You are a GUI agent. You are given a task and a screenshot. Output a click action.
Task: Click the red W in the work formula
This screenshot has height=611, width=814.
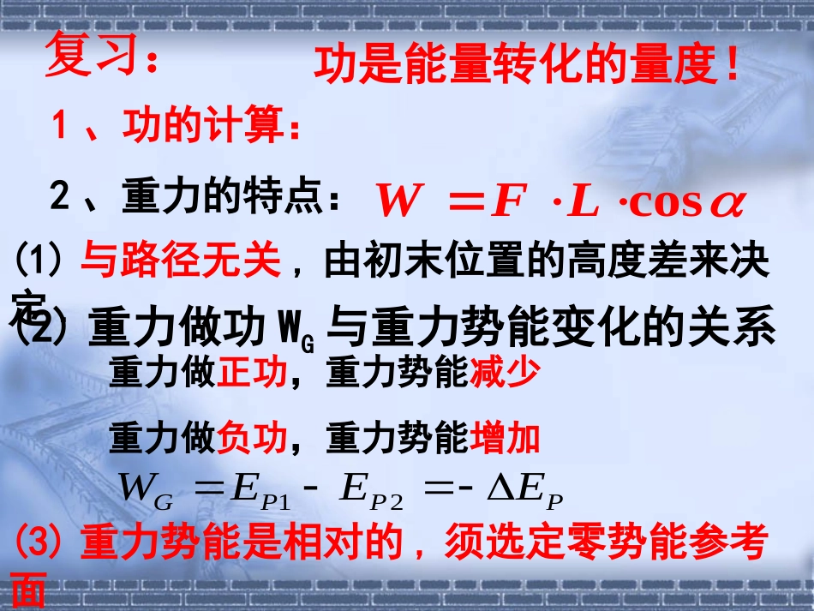click(x=404, y=202)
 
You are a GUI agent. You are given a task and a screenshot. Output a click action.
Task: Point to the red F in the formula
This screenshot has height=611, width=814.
click(x=506, y=202)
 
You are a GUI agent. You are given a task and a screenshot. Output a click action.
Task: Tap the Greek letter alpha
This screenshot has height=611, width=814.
click(x=726, y=204)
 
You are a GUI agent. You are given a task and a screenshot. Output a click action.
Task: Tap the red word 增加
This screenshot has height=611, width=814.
click(x=506, y=439)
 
